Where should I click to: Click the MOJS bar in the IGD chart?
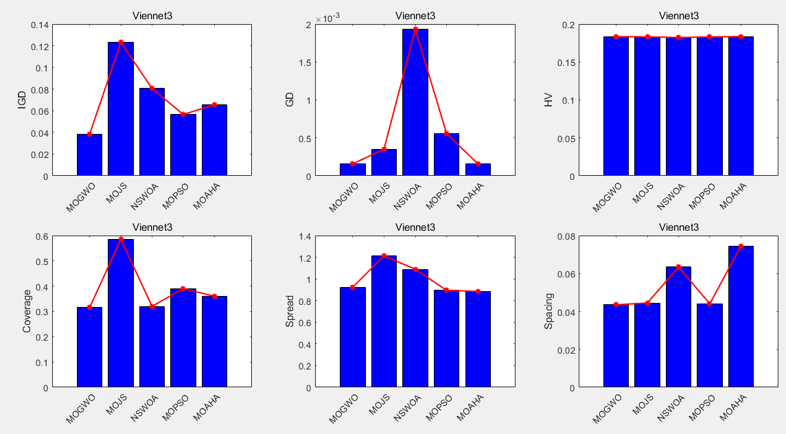coord(121,110)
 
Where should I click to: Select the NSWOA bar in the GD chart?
coord(415,103)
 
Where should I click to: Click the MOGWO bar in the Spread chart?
coord(352,337)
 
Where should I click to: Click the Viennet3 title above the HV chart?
coord(678,16)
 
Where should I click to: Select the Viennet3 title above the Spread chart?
coord(415,227)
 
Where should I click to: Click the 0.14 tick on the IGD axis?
coord(40,25)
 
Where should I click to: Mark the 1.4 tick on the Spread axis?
coord(303,237)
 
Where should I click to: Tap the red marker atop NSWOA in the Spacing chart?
coord(678,266)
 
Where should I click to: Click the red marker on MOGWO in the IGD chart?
coord(89,134)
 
